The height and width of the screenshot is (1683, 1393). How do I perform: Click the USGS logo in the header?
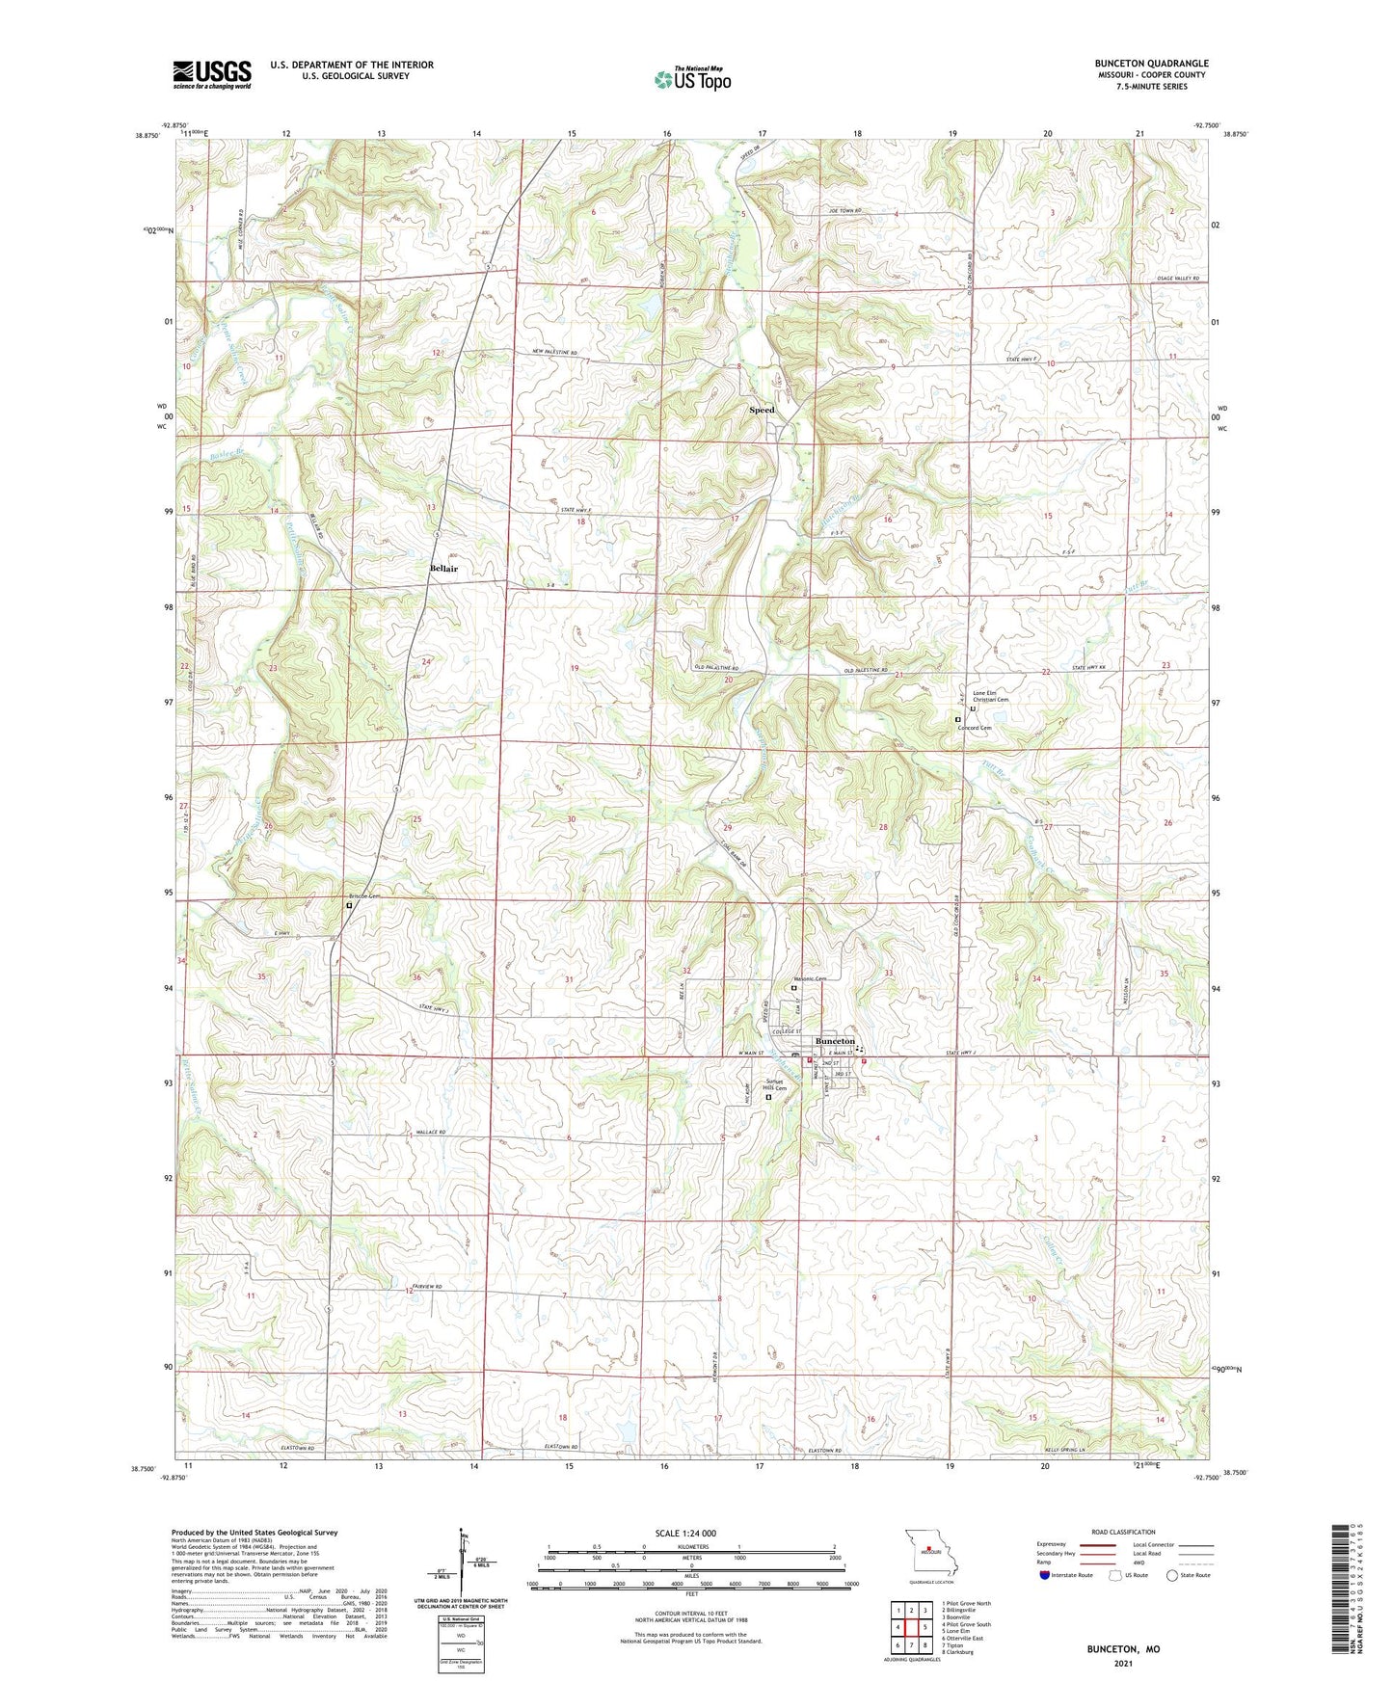point(212,73)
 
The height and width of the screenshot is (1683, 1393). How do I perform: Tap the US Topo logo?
point(691,79)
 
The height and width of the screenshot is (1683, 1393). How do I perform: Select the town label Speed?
point(762,410)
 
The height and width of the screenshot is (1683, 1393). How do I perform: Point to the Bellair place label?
point(443,569)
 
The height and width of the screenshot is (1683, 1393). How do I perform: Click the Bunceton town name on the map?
point(835,1042)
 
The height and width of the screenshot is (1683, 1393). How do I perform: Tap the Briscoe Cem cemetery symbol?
point(349,905)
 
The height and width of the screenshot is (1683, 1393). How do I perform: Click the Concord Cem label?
point(975,728)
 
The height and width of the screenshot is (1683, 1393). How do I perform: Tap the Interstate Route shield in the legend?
point(1046,1575)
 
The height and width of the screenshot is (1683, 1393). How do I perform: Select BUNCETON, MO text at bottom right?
point(1123,1649)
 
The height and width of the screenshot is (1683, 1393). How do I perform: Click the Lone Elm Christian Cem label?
point(990,696)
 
